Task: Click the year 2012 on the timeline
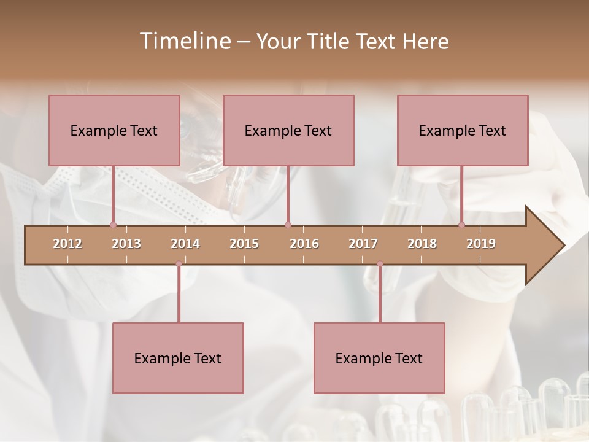tap(67, 244)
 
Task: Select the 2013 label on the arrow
tap(126, 244)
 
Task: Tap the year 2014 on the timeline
tap(185, 244)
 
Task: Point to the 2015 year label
tap(244, 244)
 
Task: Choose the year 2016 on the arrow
tap(304, 244)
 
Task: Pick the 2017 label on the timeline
tap(363, 244)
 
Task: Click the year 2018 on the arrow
tap(422, 244)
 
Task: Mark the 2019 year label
tap(481, 244)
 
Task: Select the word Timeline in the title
tap(185, 41)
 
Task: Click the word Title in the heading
tap(329, 42)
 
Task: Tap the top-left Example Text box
tap(114, 130)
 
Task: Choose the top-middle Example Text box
tap(288, 130)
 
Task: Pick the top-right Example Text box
tap(463, 130)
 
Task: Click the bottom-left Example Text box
tap(178, 358)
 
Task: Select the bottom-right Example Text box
tap(379, 358)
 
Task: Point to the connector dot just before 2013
tap(113, 225)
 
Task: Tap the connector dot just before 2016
tap(288, 225)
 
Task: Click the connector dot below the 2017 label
tap(380, 264)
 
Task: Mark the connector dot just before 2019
tap(462, 225)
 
